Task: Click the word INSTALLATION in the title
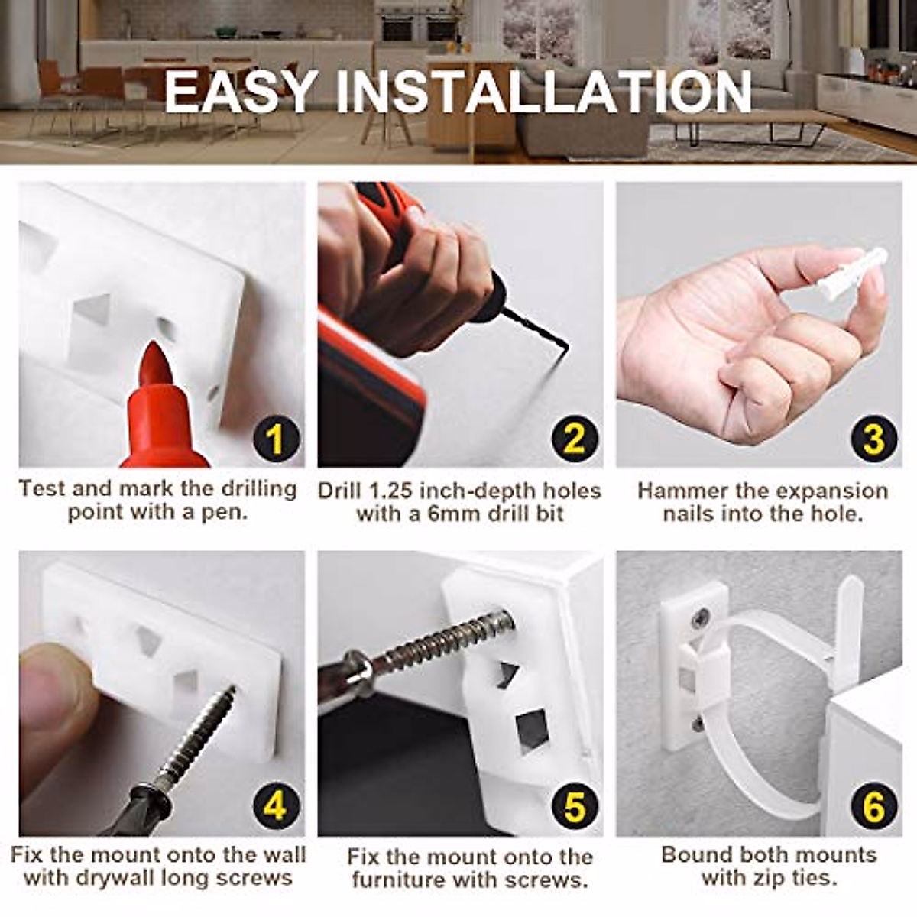click(543, 92)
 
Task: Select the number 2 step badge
click(575, 439)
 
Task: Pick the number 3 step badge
click(873, 439)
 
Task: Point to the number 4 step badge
click(276, 806)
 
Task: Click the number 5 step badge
click(575, 806)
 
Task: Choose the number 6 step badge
click(873, 806)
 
